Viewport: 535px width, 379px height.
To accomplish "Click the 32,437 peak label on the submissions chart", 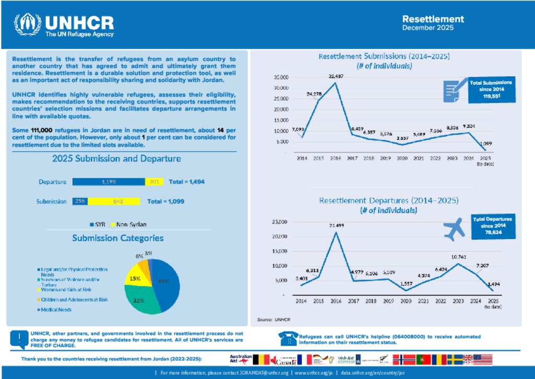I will pyautogui.click(x=336, y=76).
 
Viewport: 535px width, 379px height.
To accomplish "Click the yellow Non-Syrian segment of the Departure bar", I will pyautogui.click(x=154, y=182).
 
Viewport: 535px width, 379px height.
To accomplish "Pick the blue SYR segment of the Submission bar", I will pyautogui.click(x=80, y=201).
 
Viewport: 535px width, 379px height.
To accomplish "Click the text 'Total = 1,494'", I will pyautogui.click(x=186, y=182).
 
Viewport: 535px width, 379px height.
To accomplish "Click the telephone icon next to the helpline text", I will pyautogui.click(x=287, y=338).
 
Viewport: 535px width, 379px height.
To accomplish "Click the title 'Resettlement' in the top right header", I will pyautogui.click(x=433, y=19).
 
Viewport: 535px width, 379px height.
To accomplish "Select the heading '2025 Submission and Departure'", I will pyautogui.click(x=117, y=158).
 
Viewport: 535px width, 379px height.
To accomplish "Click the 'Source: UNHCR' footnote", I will pyautogui.click(x=273, y=319).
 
